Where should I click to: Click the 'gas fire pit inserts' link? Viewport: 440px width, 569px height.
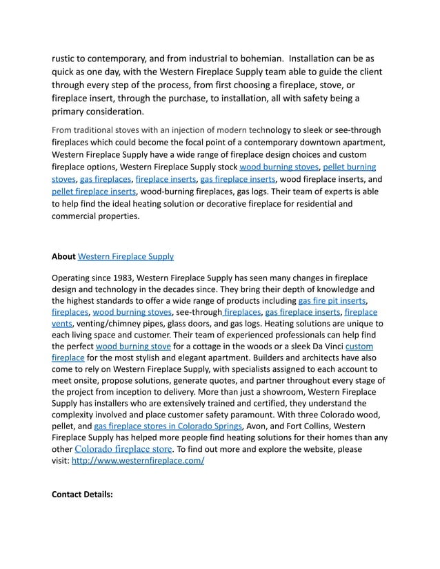click(x=332, y=301)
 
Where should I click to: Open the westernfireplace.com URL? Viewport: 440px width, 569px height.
click(x=138, y=461)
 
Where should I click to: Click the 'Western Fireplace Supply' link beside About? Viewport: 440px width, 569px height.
click(x=126, y=256)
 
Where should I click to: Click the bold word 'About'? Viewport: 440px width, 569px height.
click(x=63, y=256)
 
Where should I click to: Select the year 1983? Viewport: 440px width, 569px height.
click(x=121, y=278)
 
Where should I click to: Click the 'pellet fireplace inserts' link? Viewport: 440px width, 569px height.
click(x=94, y=191)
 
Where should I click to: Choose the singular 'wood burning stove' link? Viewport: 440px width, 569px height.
click(x=133, y=346)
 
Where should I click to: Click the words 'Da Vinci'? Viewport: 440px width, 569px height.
click(x=323, y=346)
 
